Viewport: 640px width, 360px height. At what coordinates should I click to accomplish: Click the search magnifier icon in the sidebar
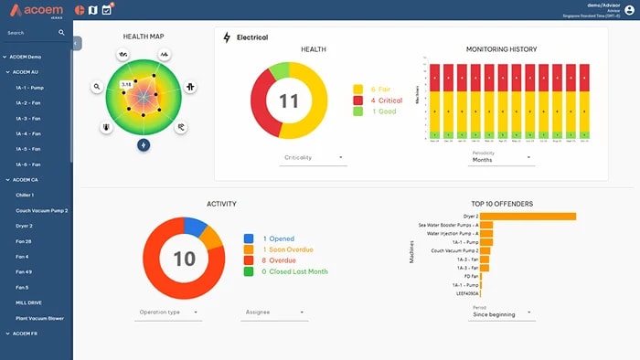62,32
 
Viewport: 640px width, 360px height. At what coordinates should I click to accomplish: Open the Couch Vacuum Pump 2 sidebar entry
42,210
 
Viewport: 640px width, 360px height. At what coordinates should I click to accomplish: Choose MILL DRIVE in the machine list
28,302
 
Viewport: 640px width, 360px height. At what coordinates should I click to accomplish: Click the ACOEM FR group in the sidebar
25,334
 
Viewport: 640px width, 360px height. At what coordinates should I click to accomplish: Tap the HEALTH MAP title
144,37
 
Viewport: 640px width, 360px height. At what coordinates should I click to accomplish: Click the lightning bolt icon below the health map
144,144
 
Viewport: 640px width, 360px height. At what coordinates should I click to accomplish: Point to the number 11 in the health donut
289,101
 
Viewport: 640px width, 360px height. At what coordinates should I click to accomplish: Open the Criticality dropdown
313,158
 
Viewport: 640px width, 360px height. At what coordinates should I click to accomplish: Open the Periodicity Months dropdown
502,159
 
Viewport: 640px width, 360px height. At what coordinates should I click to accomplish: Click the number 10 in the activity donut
185,259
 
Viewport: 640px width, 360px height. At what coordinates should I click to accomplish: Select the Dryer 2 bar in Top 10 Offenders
528,217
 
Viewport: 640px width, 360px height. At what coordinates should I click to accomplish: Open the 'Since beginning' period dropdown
500,313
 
